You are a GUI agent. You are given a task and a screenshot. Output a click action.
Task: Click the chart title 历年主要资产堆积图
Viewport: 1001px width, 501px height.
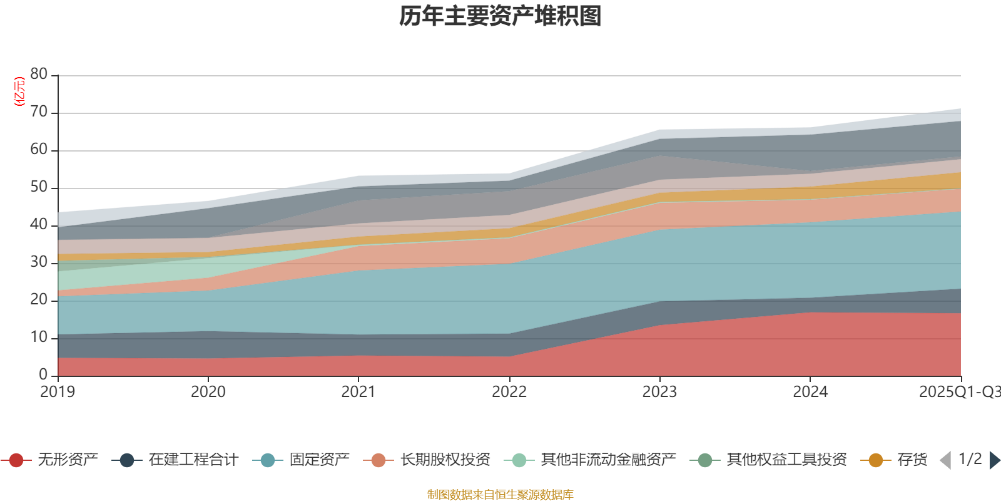coord(500,16)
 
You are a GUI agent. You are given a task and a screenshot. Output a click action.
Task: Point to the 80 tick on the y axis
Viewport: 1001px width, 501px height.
coord(39,75)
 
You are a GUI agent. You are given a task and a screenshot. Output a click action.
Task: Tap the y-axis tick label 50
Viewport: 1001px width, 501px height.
coord(39,187)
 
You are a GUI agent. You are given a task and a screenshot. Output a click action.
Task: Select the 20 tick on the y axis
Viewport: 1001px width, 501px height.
coord(39,300)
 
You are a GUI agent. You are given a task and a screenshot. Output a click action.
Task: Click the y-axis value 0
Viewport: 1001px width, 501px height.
coord(43,374)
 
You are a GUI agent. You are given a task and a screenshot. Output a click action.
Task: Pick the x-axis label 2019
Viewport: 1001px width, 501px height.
coord(58,392)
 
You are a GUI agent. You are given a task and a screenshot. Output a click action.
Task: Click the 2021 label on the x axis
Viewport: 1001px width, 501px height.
coord(358,392)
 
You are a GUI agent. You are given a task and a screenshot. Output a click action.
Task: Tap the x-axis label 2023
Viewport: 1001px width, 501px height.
coord(659,392)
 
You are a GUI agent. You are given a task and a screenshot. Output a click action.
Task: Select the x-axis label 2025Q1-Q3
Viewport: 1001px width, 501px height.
coord(958,392)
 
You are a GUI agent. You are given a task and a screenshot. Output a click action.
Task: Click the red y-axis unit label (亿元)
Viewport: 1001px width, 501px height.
coord(19,91)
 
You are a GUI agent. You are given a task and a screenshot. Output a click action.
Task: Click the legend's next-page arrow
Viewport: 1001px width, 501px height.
coord(995,460)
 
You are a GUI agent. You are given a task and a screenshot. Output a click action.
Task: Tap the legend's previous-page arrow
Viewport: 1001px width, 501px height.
coord(945,460)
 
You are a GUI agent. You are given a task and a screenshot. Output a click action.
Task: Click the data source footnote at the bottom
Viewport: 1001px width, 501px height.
coord(500,495)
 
